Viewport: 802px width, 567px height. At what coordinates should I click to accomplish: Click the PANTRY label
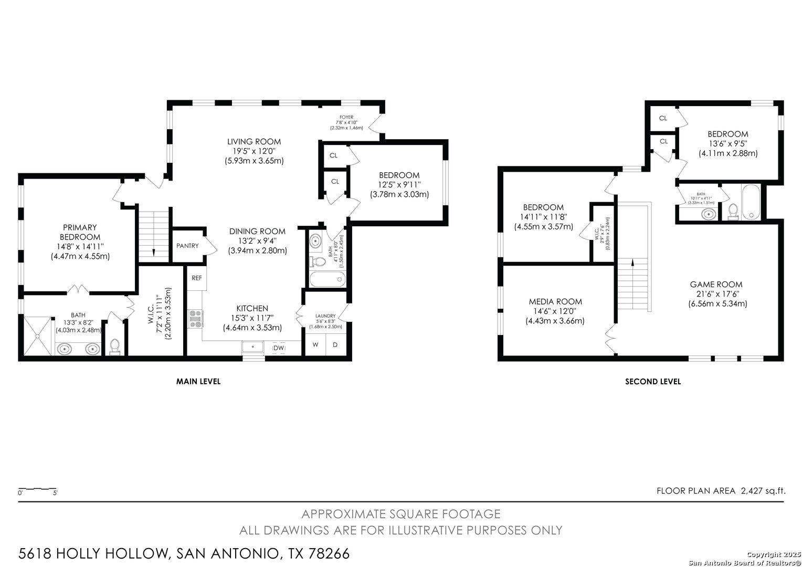187,246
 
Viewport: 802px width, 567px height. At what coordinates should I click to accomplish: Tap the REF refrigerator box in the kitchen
196,278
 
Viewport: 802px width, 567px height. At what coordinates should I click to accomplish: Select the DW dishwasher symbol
279,348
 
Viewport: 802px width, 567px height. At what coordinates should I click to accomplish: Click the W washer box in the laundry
315,344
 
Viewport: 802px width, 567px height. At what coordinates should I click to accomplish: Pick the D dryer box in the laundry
335,344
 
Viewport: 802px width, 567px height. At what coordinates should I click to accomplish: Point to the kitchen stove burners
195,319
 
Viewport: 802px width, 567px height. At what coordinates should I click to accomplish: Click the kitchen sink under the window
253,347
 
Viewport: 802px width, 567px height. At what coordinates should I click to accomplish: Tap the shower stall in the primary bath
38,336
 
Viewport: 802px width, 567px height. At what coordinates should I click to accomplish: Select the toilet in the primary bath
114,346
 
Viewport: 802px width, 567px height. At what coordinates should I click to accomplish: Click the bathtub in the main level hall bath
328,279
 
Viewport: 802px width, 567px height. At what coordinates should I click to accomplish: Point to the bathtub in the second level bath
751,202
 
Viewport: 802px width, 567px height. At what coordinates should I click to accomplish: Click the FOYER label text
346,117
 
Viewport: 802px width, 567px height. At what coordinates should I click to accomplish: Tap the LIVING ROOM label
254,141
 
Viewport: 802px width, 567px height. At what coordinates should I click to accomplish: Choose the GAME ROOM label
716,285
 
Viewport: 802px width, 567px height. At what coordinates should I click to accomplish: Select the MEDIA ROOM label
555,301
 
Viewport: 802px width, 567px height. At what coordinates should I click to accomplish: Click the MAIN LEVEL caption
198,382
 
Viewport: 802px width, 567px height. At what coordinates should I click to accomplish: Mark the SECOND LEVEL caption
653,382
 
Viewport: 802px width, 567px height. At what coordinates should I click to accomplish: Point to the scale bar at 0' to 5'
38,489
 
